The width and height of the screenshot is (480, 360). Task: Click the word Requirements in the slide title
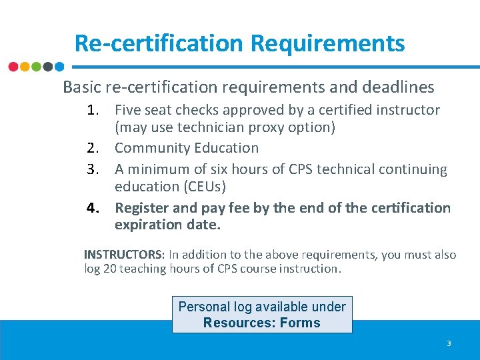[x=327, y=43]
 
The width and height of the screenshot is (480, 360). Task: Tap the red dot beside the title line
[x=13, y=67]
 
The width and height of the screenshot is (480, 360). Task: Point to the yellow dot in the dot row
[x=25, y=67]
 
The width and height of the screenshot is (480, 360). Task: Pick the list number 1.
[x=93, y=110]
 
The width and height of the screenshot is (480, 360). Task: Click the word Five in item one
[x=127, y=110]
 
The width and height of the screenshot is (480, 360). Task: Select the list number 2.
[x=93, y=148]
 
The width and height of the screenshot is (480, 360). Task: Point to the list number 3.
[x=93, y=169]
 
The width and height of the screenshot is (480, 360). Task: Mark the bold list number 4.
[x=93, y=208]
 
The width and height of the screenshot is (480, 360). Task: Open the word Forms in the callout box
[x=299, y=323]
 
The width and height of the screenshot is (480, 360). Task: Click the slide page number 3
[x=449, y=343]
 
